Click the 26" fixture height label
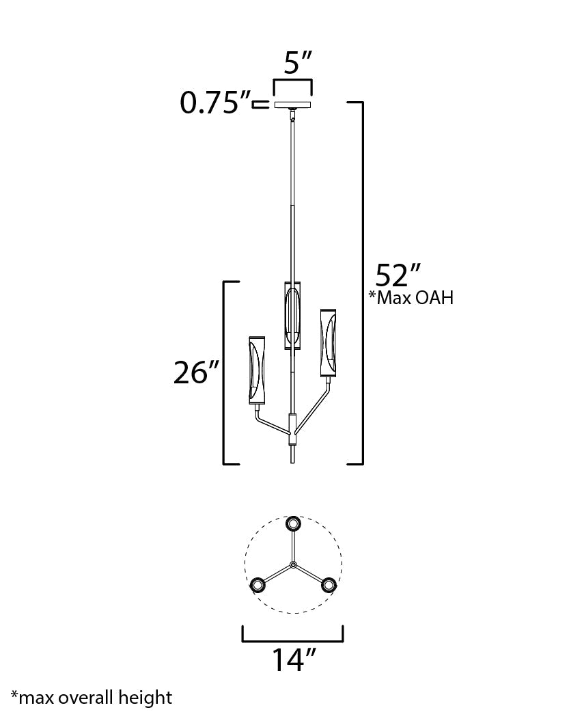click(195, 373)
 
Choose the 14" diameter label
click(294, 660)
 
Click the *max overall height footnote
click(92, 698)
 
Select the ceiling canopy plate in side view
click(292, 105)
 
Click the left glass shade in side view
click(258, 369)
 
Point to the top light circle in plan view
click(294, 524)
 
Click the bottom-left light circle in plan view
click(258, 585)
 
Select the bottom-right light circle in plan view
click(329, 585)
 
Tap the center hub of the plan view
click(293, 564)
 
